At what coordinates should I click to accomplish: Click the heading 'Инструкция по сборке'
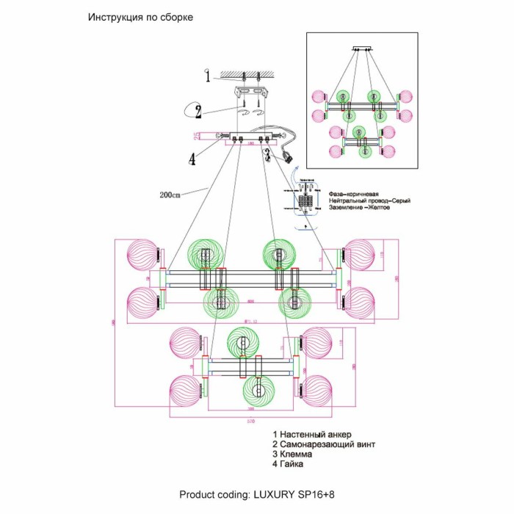[140, 17]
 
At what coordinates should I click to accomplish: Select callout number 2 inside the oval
[198, 112]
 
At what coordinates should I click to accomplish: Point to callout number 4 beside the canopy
[192, 158]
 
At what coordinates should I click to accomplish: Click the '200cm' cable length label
[170, 195]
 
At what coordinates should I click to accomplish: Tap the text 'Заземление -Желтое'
[359, 208]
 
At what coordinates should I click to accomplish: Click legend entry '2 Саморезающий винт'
[323, 444]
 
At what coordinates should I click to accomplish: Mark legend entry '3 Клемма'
[292, 455]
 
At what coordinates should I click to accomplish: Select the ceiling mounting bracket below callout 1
[250, 93]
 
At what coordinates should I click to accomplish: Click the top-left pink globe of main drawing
[141, 255]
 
